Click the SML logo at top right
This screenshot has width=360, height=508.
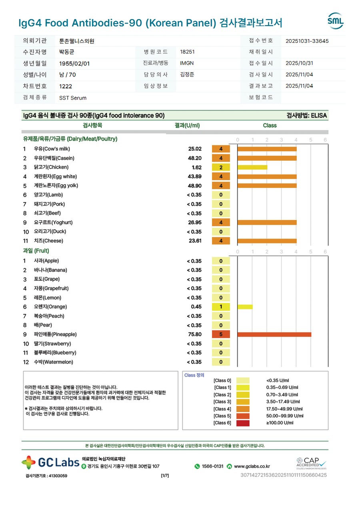point(335,21)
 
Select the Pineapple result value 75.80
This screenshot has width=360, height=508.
point(195,335)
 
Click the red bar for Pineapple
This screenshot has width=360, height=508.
point(274,335)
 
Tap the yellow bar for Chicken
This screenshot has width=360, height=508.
point(252,167)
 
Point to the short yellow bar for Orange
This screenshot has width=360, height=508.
point(245,307)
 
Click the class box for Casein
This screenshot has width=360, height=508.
point(221,158)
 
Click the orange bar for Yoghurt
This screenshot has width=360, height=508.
point(267,223)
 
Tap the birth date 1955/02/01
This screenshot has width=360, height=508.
point(74,64)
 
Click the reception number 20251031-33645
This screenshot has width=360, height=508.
point(307,41)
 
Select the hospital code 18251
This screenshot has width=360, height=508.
point(187,52)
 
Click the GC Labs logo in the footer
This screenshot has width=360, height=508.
point(50,463)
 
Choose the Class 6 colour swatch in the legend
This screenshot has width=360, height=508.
point(243,423)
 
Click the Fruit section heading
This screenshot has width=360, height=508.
point(36,251)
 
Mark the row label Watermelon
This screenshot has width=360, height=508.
point(53,362)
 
